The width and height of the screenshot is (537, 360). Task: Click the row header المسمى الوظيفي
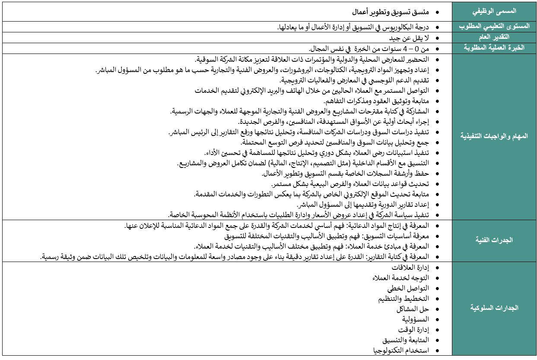[x=493, y=12]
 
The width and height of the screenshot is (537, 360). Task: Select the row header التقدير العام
[x=493, y=38]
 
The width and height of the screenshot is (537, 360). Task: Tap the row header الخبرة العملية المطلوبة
[x=493, y=48]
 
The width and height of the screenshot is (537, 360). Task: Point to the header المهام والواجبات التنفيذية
[x=493, y=136]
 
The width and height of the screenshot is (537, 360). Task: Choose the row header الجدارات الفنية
[x=493, y=240]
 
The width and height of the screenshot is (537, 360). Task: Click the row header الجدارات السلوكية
[x=493, y=308]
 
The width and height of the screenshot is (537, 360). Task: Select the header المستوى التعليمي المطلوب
[x=493, y=27]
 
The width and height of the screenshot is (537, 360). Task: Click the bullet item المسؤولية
[x=415, y=319]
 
